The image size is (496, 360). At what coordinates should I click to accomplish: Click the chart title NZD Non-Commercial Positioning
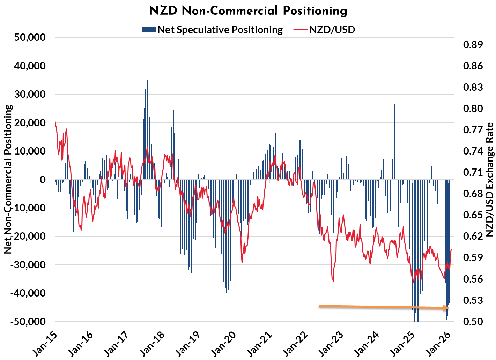tap(248, 11)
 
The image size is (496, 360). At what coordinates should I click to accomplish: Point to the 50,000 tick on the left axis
tap(30, 37)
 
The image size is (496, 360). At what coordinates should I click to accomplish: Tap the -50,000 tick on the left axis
tap(28, 321)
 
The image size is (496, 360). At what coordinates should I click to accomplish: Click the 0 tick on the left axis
tap(43, 179)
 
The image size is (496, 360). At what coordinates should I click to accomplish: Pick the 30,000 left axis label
tap(30, 94)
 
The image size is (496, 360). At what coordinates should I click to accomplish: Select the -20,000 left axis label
tap(28, 236)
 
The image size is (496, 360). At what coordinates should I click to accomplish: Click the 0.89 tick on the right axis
tap(473, 45)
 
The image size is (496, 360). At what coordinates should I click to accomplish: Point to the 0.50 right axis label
tap(473, 321)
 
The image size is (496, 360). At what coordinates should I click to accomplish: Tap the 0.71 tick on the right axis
tap(473, 172)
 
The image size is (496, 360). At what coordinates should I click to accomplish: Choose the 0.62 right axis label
tap(473, 236)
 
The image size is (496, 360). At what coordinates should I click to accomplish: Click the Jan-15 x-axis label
tap(45, 344)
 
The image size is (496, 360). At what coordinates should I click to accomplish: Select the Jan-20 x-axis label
tap(223, 344)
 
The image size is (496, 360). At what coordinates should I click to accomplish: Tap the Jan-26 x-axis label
tap(437, 344)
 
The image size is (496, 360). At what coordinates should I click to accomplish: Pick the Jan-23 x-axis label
tap(330, 344)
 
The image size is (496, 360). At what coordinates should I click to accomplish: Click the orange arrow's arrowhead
tap(446, 308)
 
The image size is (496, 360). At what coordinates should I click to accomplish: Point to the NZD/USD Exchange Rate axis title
tap(490, 179)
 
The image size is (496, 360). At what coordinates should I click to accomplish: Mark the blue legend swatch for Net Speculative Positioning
tap(149, 30)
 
